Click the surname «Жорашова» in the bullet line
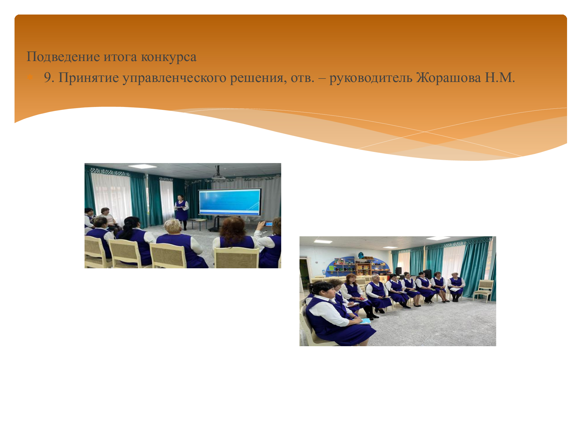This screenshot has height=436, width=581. (x=448, y=78)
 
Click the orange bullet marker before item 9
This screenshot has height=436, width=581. (x=30, y=78)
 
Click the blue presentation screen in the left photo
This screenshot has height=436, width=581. (x=229, y=202)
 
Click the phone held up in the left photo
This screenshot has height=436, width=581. (x=268, y=224)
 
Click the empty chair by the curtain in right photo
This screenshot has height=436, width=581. (x=483, y=290)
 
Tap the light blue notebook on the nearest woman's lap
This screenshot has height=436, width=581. (x=365, y=321)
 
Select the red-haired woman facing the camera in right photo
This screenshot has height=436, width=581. (x=353, y=294)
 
